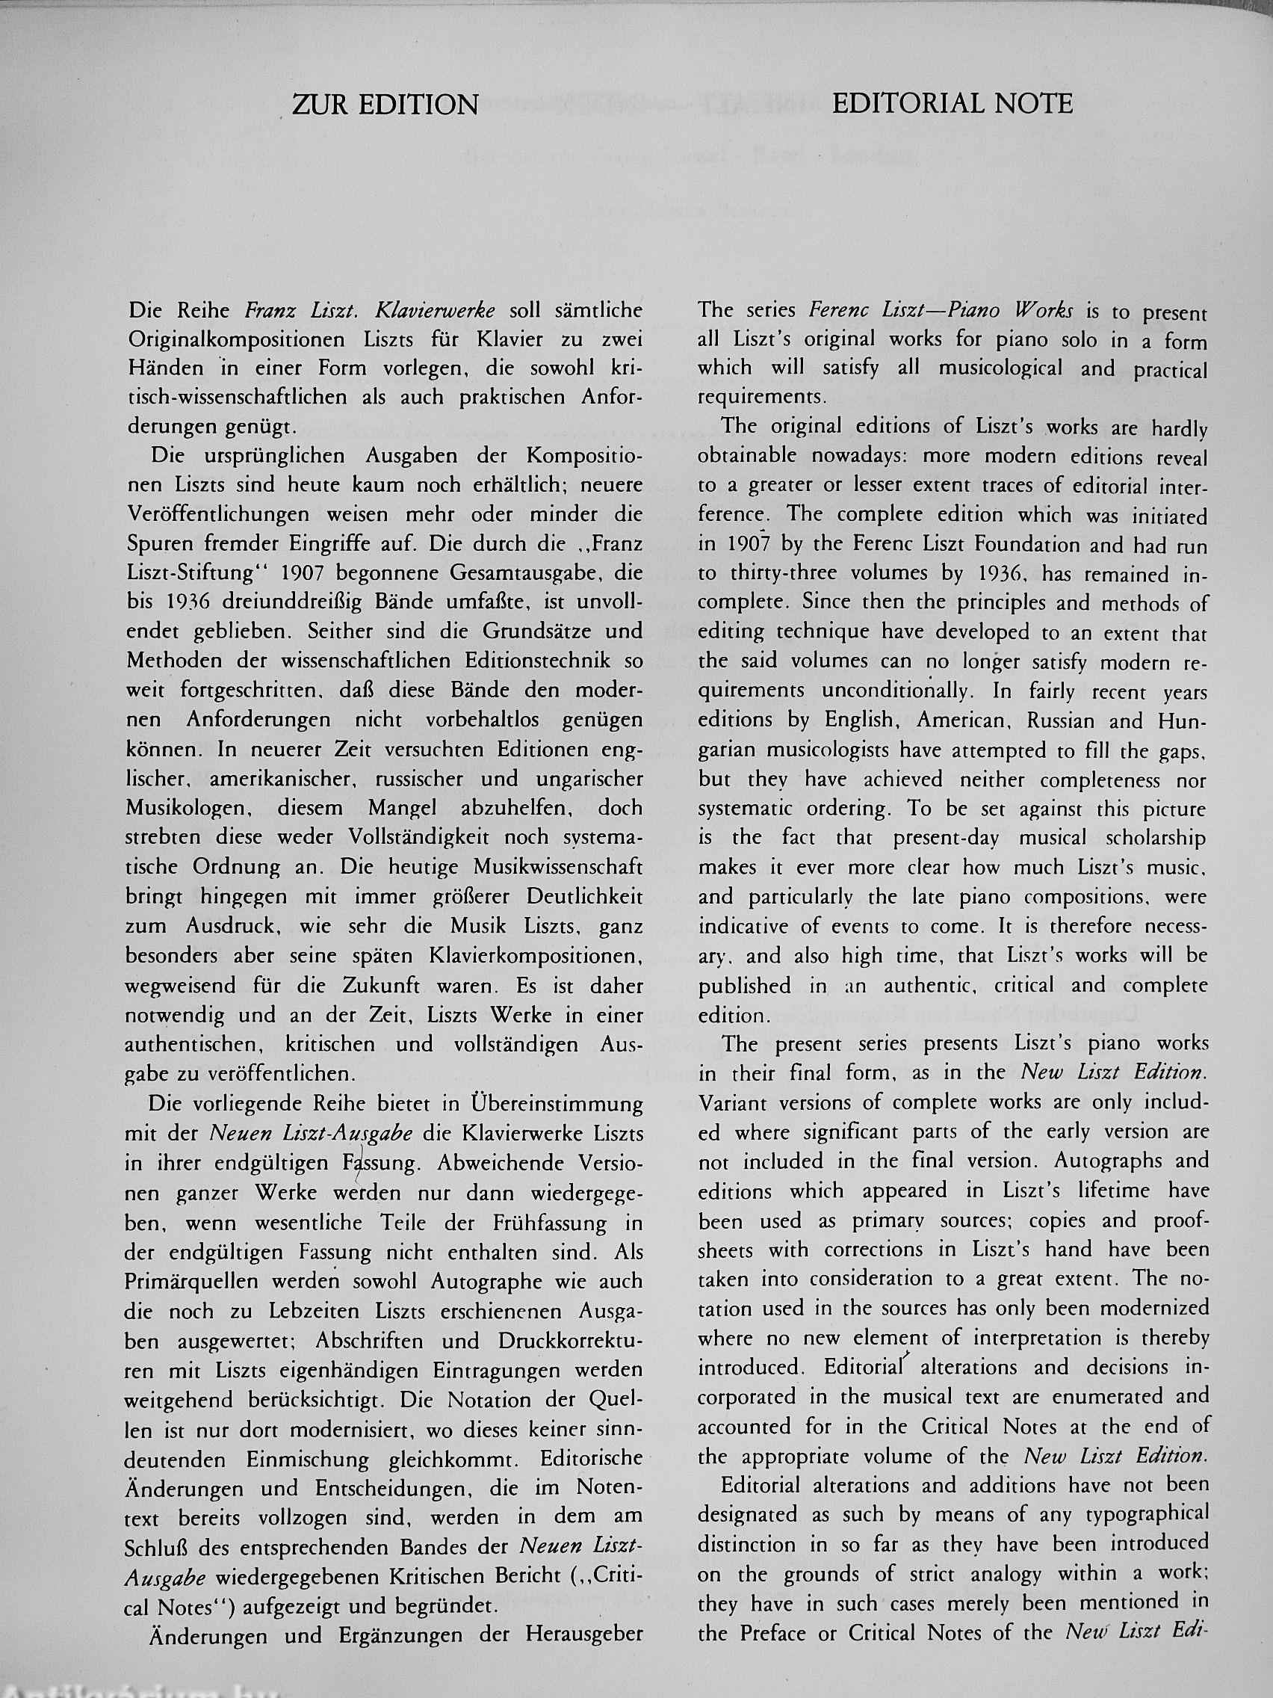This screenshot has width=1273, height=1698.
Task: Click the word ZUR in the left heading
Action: pos(321,105)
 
